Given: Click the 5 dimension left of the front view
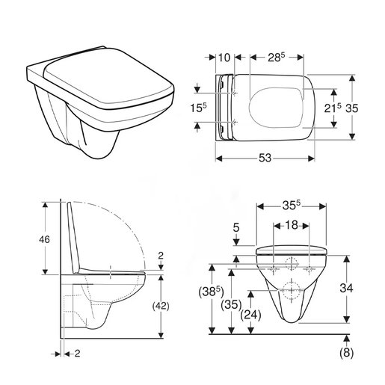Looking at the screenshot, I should pyautogui.click(x=237, y=228).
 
